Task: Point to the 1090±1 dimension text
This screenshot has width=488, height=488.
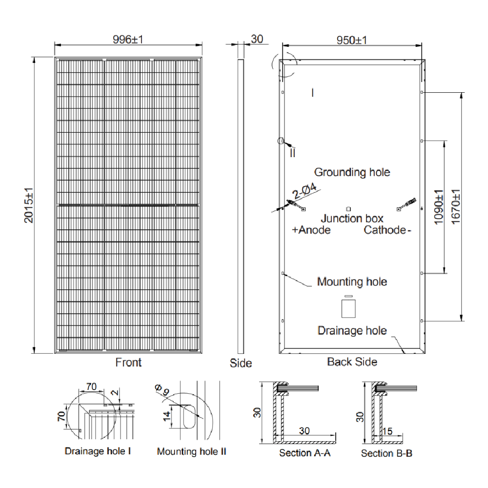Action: coord(438,207)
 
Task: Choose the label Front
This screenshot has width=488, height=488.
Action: coord(128,363)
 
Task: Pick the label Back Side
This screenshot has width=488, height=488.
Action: coord(352,362)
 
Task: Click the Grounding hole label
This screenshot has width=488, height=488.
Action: coord(352,172)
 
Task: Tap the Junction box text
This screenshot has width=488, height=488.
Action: coord(352,219)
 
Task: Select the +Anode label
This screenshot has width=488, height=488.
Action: coord(311,230)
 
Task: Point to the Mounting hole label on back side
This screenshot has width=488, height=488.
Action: coord(352,282)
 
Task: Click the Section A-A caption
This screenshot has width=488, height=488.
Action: coord(305,453)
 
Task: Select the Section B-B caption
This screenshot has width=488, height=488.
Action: coord(386,453)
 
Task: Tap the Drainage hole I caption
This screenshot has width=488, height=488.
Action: coord(98,451)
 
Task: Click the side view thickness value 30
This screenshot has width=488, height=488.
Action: coord(257,39)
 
